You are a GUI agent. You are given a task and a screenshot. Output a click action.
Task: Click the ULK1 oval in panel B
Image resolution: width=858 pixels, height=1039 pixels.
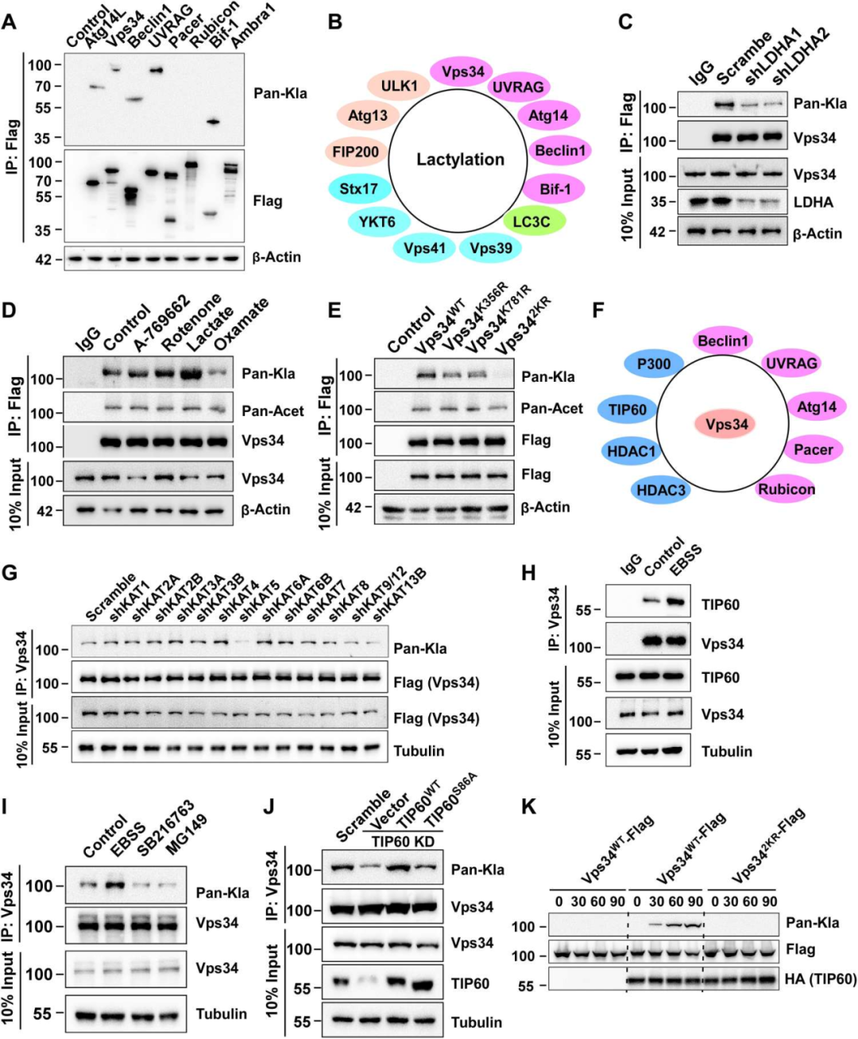399,86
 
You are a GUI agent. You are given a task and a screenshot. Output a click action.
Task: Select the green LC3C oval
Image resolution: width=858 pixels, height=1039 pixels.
531,221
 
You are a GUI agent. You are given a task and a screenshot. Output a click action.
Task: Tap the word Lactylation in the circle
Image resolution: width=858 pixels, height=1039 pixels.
460,160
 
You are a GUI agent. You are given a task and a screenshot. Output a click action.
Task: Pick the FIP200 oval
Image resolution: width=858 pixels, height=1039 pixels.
356,152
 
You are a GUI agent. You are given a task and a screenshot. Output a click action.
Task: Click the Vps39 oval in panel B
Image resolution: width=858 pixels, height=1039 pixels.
490,248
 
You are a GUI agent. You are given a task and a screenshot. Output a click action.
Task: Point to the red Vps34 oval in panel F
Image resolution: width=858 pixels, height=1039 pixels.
727,424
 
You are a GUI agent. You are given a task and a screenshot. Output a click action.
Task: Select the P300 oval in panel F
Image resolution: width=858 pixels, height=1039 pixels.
653,364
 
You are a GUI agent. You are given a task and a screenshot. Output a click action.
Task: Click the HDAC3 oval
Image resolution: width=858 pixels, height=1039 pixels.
661,491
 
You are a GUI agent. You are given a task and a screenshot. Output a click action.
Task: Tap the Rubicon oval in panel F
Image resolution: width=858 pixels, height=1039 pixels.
786,489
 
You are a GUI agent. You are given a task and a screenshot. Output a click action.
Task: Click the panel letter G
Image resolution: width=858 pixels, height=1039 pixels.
10,572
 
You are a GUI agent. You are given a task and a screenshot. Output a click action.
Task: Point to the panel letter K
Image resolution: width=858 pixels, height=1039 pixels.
528,806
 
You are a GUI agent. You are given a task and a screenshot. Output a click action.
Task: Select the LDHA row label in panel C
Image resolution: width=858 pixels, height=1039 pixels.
814,202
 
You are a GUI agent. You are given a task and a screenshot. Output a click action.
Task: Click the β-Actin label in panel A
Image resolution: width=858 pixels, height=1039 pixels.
276,257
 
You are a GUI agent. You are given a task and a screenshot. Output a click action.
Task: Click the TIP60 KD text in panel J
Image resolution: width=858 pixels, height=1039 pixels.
404,841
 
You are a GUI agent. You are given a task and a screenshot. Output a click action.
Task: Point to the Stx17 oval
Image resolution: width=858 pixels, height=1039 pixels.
358,189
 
